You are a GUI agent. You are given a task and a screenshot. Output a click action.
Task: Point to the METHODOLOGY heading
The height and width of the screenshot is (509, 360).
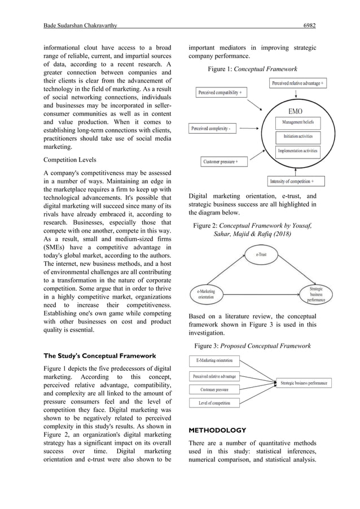point(217,430)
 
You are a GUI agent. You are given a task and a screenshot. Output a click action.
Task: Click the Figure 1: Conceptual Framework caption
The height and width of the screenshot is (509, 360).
point(252,69)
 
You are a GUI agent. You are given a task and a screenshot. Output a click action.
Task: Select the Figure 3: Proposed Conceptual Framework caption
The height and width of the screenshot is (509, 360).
point(252,344)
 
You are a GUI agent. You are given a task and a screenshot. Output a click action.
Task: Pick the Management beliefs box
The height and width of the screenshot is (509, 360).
point(298,122)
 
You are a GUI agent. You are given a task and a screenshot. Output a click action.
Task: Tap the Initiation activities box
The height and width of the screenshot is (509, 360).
point(298,137)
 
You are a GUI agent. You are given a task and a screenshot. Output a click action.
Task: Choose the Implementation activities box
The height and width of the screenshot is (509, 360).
point(298,151)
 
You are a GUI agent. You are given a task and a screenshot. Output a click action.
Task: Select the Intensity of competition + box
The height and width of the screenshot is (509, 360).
point(296,181)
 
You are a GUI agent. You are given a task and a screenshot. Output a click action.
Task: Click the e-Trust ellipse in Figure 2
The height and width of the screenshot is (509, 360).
point(261,254)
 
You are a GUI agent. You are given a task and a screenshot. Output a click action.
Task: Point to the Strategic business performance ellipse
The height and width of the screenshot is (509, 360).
point(316,293)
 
